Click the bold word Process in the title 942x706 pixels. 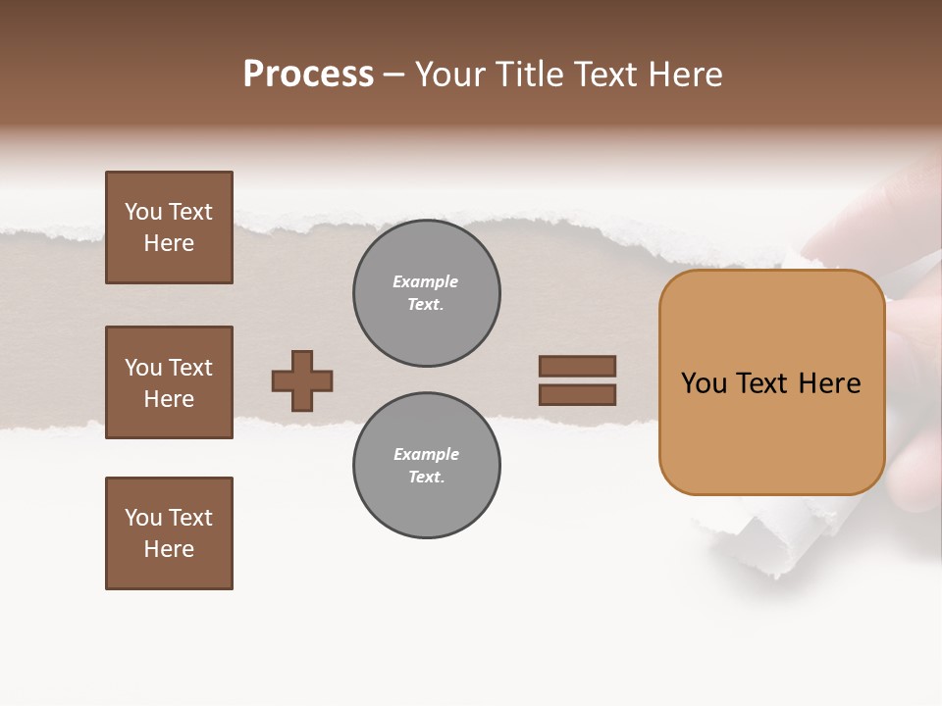pyautogui.click(x=308, y=75)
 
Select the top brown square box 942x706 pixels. pyautogui.click(x=169, y=227)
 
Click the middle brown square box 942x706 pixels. pyautogui.click(x=169, y=382)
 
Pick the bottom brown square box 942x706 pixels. pyautogui.click(x=169, y=533)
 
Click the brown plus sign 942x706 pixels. pyautogui.click(x=302, y=380)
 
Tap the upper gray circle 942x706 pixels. pyautogui.click(x=427, y=293)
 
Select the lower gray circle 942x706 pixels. pyautogui.click(x=427, y=466)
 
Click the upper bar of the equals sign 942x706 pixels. pyautogui.click(x=577, y=367)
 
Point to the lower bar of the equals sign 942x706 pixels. pyautogui.click(x=577, y=395)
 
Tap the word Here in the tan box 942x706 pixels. pyautogui.click(x=829, y=383)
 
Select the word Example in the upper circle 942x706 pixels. pyautogui.click(x=425, y=282)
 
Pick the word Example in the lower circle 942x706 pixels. pyautogui.click(x=426, y=455)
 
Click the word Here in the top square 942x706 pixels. pyautogui.click(x=169, y=243)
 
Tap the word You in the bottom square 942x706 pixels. pyautogui.click(x=142, y=518)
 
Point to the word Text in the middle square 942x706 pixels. pyautogui.click(x=190, y=368)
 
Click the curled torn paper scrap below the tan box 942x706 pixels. pyautogui.click(x=775, y=539)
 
